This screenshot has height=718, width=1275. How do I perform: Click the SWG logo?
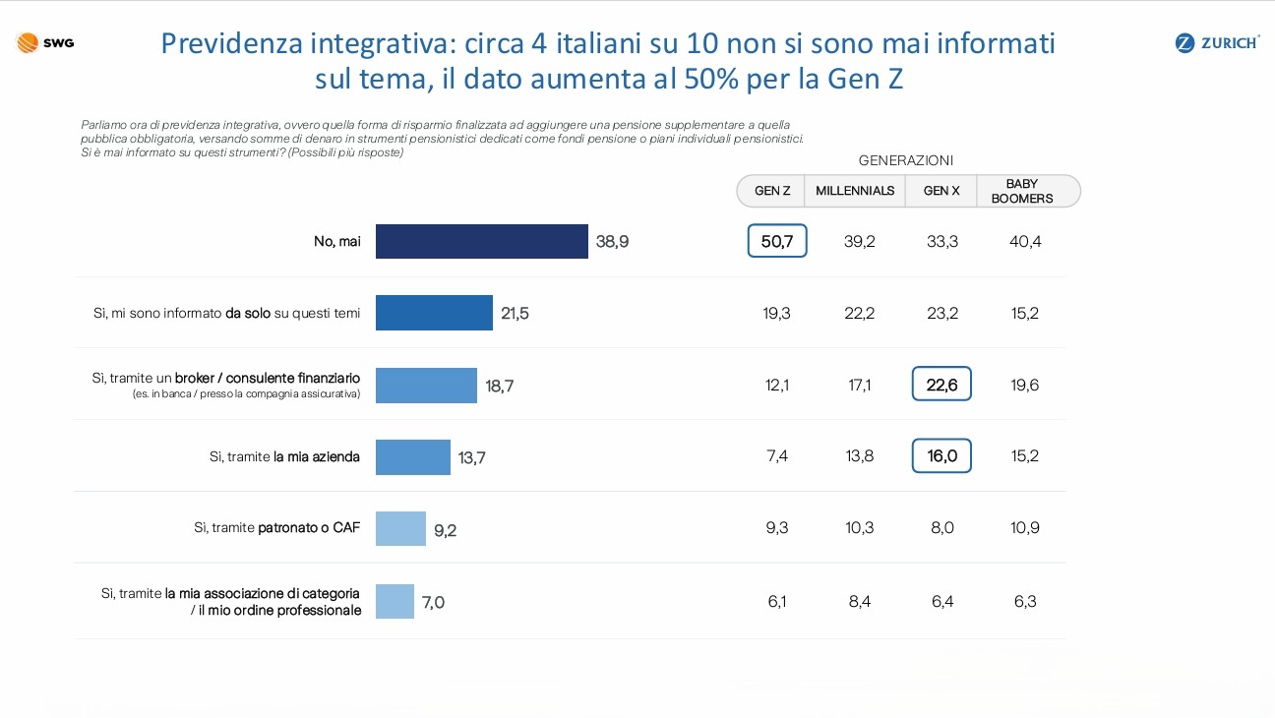click(45, 42)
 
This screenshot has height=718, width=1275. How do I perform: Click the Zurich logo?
click(1218, 42)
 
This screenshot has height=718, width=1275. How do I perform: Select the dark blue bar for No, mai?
click(481, 241)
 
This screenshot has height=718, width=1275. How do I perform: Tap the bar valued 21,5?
click(434, 313)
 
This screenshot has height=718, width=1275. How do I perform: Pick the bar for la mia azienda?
click(412, 456)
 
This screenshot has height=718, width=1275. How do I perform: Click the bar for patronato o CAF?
click(400, 528)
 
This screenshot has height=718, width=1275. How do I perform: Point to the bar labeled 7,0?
click(395, 601)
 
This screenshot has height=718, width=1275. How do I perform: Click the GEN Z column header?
click(772, 191)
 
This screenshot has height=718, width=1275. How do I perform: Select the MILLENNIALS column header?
click(855, 191)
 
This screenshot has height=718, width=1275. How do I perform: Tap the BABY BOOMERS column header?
click(1022, 191)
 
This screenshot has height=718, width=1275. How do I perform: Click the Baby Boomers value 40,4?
click(1025, 241)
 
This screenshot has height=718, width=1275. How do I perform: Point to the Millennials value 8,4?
click(860, 601)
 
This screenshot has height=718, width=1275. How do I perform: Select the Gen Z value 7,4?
click(777, 455)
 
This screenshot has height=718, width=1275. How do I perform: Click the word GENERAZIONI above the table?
click(906, 160)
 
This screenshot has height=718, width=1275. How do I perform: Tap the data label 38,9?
click(613, 241)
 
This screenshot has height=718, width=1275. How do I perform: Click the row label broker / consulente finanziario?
click(268, 378)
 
